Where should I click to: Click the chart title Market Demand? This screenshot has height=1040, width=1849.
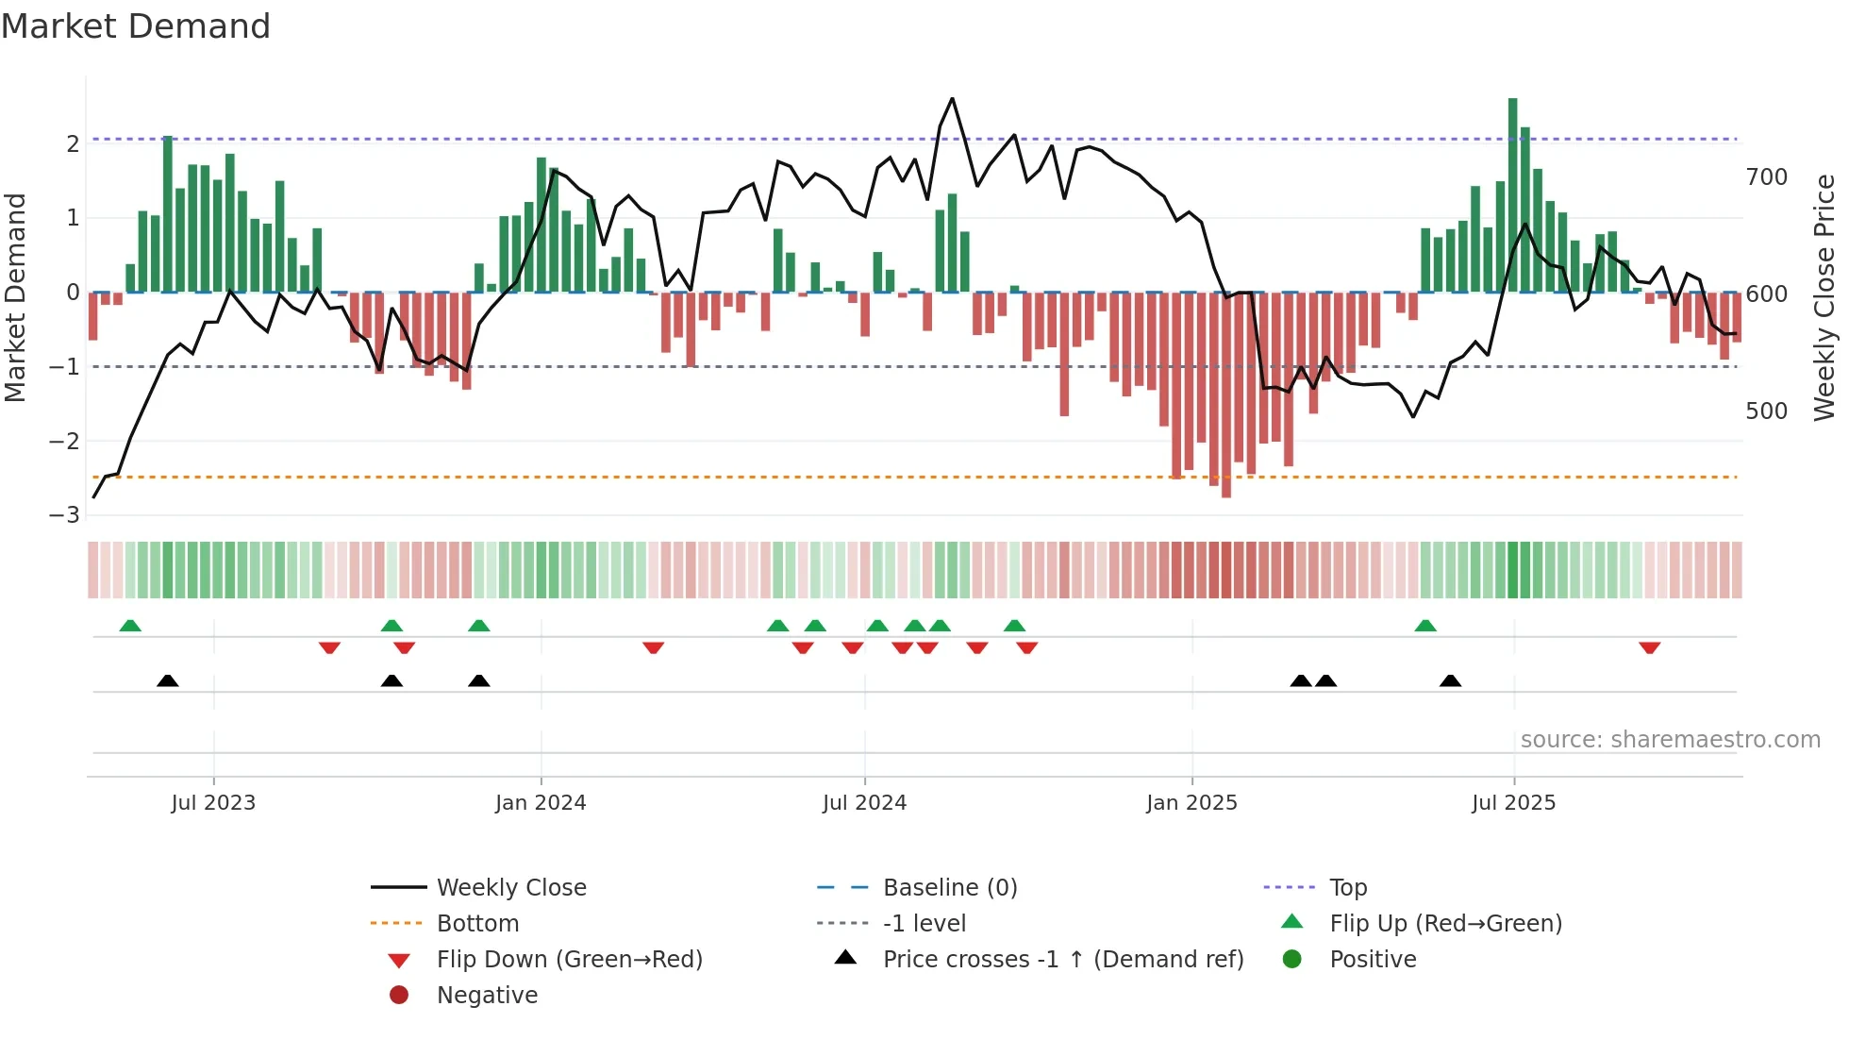(136, 26)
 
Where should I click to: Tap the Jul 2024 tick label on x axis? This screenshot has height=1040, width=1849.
(864, 803)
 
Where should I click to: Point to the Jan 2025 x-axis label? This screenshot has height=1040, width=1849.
(1191, 803)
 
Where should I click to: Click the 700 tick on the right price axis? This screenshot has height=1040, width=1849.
(1766, 177)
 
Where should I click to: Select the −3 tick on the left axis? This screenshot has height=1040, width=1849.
(65, 515)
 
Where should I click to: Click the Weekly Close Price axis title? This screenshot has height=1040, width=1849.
(1824, 297)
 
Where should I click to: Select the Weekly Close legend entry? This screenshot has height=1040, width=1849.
(510, 888)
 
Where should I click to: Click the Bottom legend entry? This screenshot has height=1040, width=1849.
(477, 924)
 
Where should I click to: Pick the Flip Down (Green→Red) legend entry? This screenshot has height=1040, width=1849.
(569, 960)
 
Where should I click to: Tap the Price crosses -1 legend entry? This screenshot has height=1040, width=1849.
(1062, 960)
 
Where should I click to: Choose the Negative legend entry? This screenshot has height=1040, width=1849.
(487, 996)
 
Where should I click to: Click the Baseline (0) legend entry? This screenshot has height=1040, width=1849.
(949, 888)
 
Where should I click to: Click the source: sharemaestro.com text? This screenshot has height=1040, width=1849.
(1670, 740)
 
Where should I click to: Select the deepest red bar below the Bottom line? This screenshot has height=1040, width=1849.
(1226, 396)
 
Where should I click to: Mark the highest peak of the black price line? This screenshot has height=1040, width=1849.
(952, 99)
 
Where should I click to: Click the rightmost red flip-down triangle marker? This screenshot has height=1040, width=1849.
(1649, 647)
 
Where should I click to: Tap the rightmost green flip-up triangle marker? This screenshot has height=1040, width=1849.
(1425, 626)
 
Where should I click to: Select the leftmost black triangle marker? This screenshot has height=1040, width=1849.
(168, 680)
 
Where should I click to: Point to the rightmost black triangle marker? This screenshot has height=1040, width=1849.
(1451, 680)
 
